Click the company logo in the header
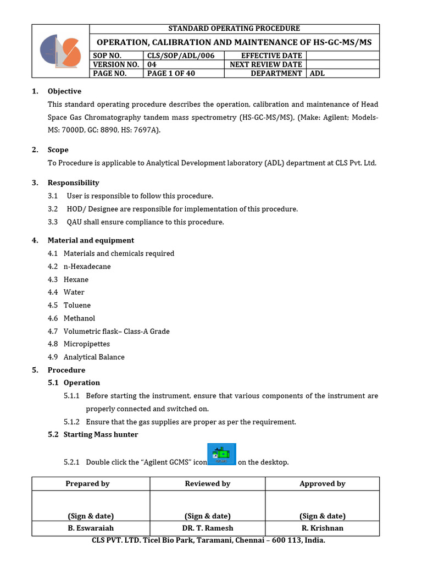coord(60,51)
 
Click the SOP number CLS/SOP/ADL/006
coord(177,56)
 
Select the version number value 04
coord(152,64)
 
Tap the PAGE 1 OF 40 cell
coord(171,73)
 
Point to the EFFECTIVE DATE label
coord(271,56)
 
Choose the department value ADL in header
coord(318,73)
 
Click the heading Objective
coord(64,91)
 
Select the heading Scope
coord(58,150)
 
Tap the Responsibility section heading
coord(73,183)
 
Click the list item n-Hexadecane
coord(87,267)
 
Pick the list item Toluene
coord(77,305)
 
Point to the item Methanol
coord(79,318)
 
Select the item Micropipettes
coord(87,344)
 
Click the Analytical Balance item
coord(94,357)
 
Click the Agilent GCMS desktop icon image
coord(221,454)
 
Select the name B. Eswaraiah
coord(91,528)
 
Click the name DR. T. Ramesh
coord(207,528)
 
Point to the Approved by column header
coord(323,484)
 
